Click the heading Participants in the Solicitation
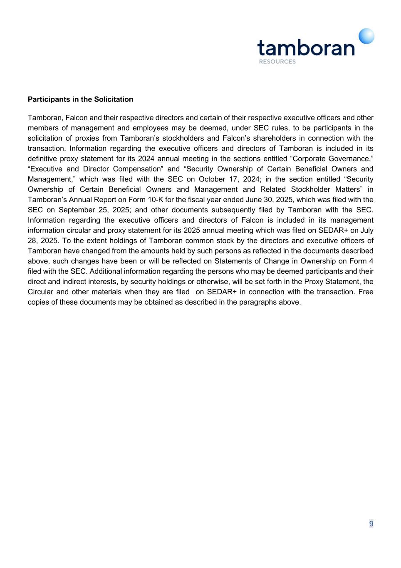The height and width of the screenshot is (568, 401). [80, 99]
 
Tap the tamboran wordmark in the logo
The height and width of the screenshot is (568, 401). [306, 47]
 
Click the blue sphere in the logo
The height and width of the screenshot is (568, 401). [366, 36]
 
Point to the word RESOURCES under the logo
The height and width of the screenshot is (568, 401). [277, 62]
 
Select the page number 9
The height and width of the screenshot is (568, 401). [371, 524]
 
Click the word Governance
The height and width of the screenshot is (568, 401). [349, 159]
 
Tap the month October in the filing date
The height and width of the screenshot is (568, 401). [212, 179]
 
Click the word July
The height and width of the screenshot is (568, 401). [365, 230]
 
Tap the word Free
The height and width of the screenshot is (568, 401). [366, 292]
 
